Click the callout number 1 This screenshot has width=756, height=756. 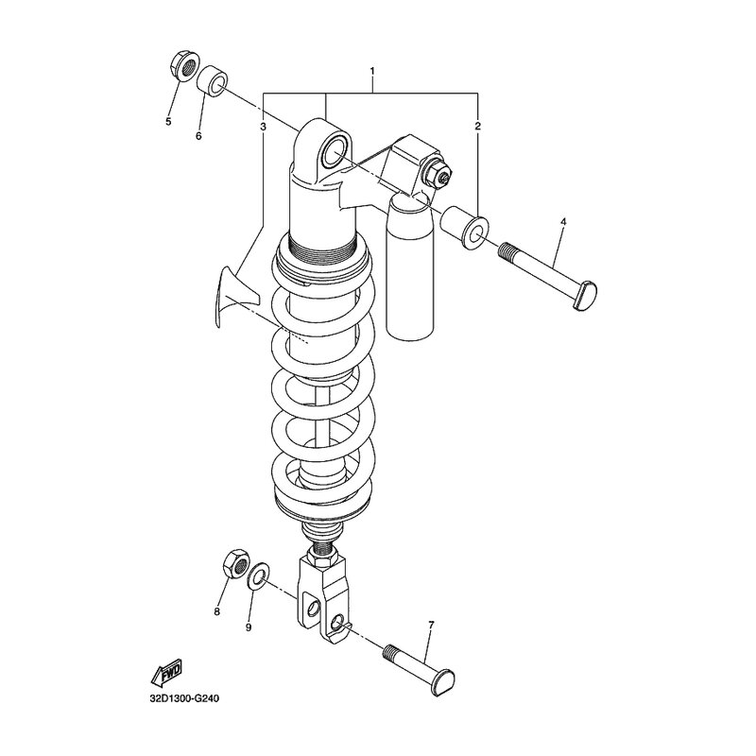[372, 73]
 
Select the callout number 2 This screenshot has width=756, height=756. [478, 126]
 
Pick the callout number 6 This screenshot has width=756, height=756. [198, 136]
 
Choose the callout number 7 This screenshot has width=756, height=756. [430, 626]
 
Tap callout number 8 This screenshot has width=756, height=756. [216, 612]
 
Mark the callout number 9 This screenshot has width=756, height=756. [249, 627]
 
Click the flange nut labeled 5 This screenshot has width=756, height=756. [182, 68]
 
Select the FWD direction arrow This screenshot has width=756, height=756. [164, 672]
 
